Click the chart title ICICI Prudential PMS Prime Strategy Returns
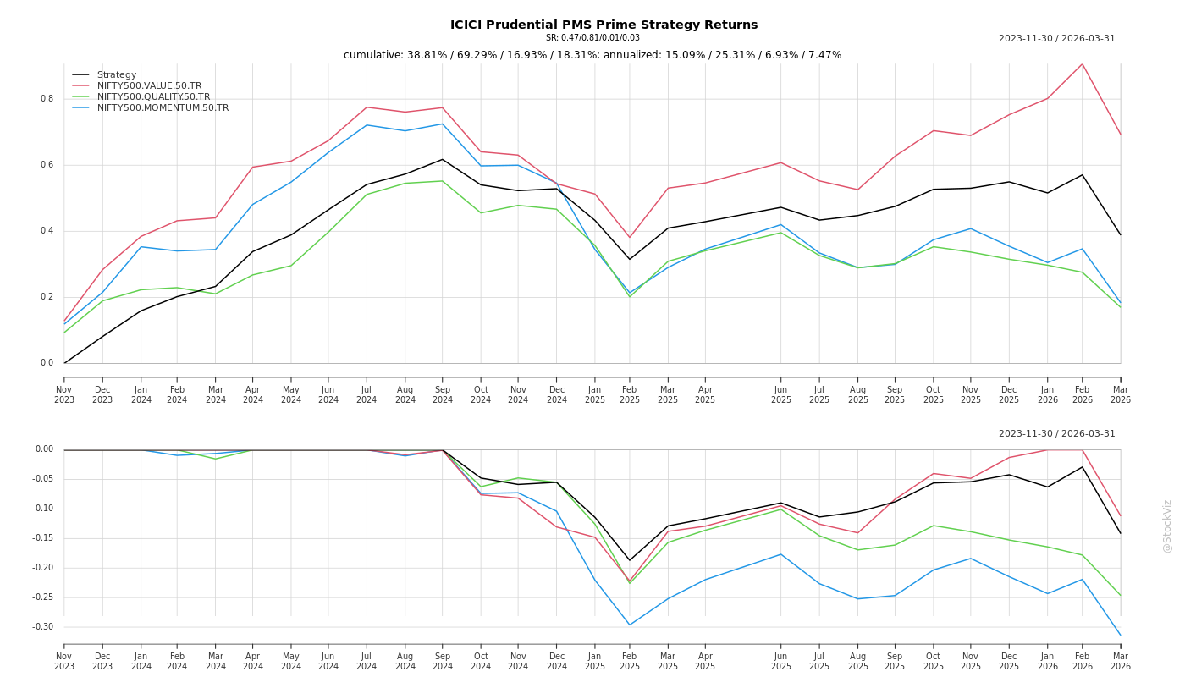pyautogui.click(x=604, y=25)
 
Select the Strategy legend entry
pyautogui.click(x=116, y=75)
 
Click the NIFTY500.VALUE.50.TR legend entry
pyautogui.click(x=149, y=86)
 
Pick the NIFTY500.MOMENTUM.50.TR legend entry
pyautogui.click(x=163, y=108)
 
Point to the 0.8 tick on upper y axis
pyautogui.click(x=47, y=99)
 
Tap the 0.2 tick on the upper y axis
pyautogui.click(x=47, y=297)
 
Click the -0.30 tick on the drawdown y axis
pyautogui.click(x=44, y=627)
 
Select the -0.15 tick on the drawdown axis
pyautogui.click(x=44, y=538)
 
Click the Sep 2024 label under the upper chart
pyautogui.click(x=443, y=395)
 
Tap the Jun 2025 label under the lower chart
pyautogui.click(x=780, y=661)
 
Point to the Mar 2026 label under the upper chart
pyautogui.click(x=1120, y=395)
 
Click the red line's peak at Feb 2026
pyautogui.click(x=1082, y=64)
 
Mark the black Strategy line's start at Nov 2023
pyautogui.click(x=64, y=363)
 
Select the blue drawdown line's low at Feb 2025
pyautogui.click(x=630, y=625)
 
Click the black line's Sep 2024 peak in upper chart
pyautogui.click(x=442, y=159)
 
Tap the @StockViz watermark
pyautogui.click(x=1167, y=526)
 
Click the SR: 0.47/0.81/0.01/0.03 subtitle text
pyautogui.click(x=592, y=38)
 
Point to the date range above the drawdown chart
pyautogui.click(x=1056, y=434)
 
